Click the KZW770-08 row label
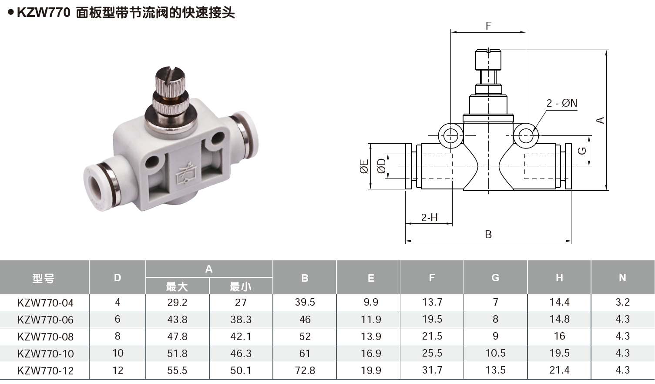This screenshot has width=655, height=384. click(45, 337)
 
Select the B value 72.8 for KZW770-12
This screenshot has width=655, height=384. click(305, 371)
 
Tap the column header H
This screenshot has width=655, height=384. click(559, 278)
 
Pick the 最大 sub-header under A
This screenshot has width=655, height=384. click(177, 286)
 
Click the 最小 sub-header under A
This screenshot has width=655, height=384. click(241, 286)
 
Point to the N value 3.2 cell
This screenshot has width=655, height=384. click(622, 302)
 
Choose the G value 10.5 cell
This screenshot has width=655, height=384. click(495, 353)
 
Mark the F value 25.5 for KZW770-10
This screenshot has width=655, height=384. click(432, 353)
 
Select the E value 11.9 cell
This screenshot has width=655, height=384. click(371, 320)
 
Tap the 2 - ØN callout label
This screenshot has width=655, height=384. click(561, 103)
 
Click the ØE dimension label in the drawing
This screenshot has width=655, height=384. click(364, 166)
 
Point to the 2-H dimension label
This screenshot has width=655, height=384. click(429, 217)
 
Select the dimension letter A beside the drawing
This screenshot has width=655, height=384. click(600, 120)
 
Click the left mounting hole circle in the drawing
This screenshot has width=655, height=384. click(451, 135)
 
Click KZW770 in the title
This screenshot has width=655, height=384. click(44, 13)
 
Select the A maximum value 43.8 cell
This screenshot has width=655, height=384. click(177, 320)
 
